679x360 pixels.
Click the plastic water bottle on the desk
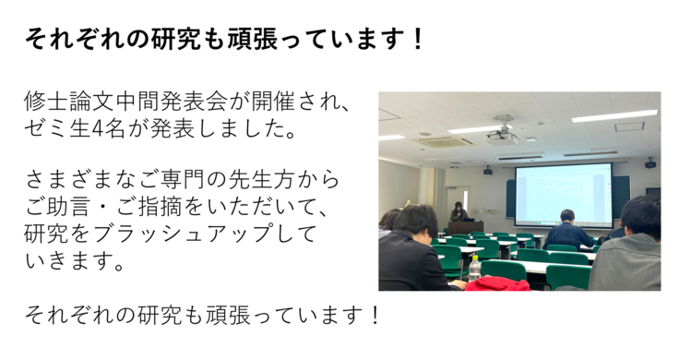click(474, 269)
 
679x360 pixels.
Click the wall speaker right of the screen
click(649, 163)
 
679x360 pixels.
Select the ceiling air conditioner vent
click(436, 142)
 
